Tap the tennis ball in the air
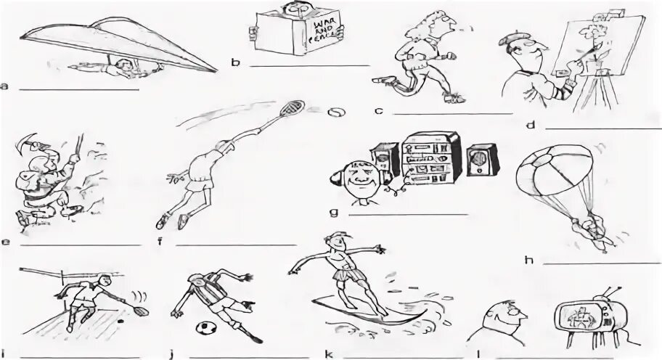pyautogui.click(x=336, y=113)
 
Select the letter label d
pyautogui.click(x=531, y=126)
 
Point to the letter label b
pyautogui.click(x=234, y=63)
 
